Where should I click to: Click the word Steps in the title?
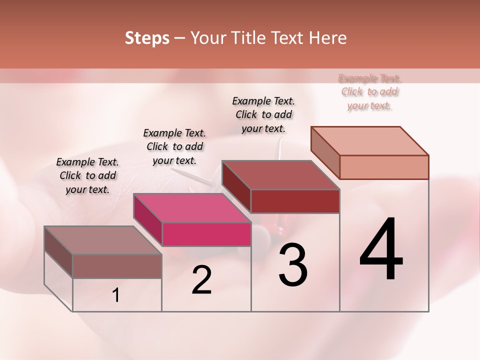[147, 38]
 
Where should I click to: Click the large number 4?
[381, 249]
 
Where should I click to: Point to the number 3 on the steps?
[293, 264]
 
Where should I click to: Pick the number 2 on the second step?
[201, 280]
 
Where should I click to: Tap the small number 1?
[116, 295]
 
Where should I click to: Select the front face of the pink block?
[206, 234]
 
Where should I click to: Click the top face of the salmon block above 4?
[370, 140]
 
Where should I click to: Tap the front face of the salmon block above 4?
[384, 167]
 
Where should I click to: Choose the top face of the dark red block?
[280, 175]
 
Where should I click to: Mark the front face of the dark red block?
[295, 201]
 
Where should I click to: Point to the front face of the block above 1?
[117, 266]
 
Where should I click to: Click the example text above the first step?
[87, 175]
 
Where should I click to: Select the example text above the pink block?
[174, 146]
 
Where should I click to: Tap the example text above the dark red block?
[263, 114]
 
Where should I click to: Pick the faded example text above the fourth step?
[369, 91]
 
